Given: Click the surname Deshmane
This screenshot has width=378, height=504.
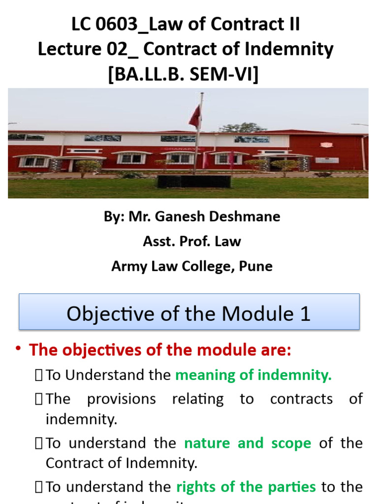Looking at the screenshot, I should (x=242, y=217).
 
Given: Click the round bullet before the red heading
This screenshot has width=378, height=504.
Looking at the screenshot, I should (x=19, y=349).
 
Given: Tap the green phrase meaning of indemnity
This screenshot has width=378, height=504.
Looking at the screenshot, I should (x=253, y=375).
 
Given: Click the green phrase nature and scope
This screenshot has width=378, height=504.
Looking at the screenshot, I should (x=247, y=443).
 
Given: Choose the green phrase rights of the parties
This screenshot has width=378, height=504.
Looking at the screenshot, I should (x=246, y=487).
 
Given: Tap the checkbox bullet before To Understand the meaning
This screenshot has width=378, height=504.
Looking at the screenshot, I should (x=39, y=376).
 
